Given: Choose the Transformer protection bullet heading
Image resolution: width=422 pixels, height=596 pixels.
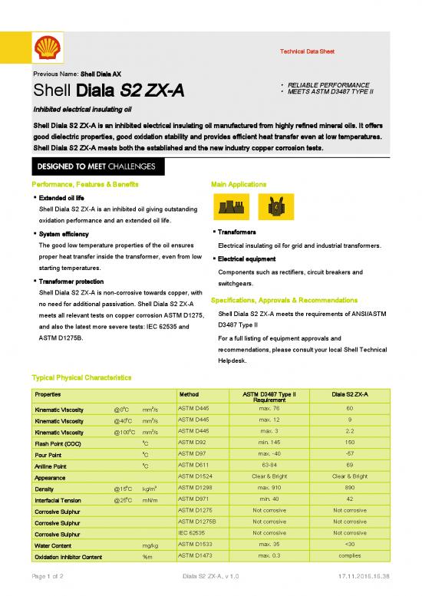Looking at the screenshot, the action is (71, 281).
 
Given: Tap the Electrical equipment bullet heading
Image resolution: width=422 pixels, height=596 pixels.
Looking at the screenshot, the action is (249, 258).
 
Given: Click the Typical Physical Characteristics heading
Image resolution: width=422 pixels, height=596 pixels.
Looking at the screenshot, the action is (82, 378).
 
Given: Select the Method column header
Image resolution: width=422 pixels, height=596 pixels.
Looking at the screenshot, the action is (189, 394).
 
